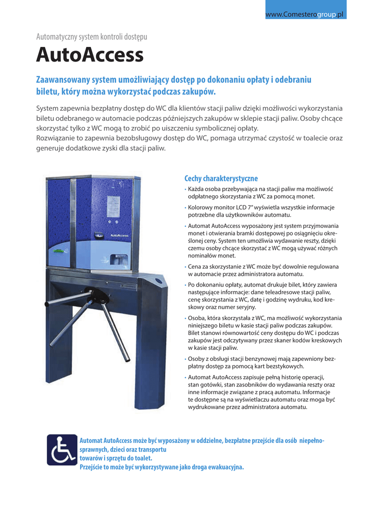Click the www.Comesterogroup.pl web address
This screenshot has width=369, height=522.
point(305,15)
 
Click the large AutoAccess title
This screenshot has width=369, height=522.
point(90,55)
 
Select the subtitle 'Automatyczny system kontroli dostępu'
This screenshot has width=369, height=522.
point(92,37)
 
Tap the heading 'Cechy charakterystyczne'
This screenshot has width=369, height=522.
point(221,178)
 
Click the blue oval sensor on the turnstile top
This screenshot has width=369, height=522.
point(159,281)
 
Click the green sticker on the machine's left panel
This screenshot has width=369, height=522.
point(59,251)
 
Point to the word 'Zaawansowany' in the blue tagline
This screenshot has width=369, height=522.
point(63,80)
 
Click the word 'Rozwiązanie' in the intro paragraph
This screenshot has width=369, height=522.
point(57,138)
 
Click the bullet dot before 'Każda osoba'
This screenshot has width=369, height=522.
point(186,189)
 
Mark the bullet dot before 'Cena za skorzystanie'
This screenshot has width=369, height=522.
point(186,267)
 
